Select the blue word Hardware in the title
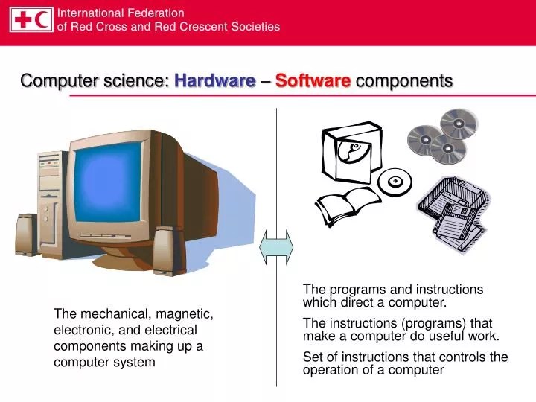coord(214,81)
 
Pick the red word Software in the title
coord(313,81)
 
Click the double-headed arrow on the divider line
coord(276,246)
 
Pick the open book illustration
coord(347,204)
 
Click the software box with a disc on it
coord(350,153)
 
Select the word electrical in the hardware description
coord(170,330)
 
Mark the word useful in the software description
coord(441,336)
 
